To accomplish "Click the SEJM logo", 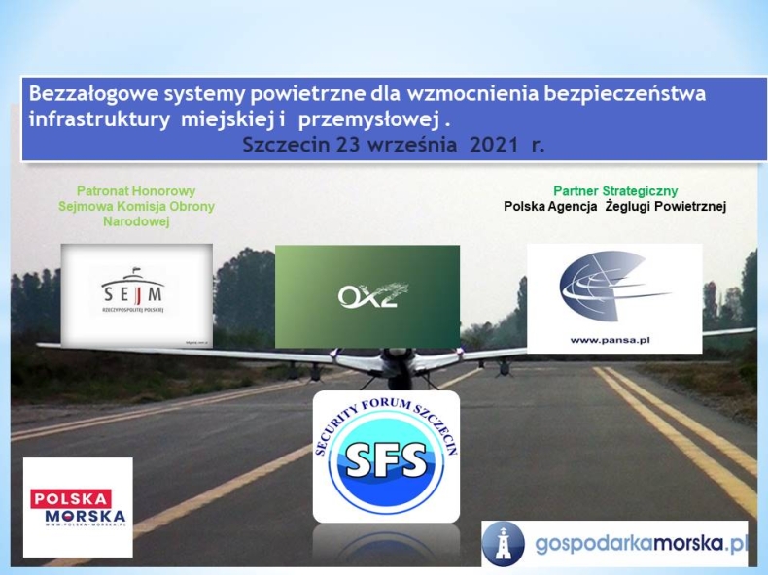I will tap(137, 294).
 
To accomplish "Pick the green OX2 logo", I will tap(367, 295).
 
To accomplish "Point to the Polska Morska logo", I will tap(78, 506).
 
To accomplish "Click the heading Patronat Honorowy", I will tap(135, 191).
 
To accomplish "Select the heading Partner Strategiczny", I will tap(615, 191).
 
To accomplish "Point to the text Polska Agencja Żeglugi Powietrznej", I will tap(615, 206).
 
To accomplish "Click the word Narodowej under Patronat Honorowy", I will tap(136, 220).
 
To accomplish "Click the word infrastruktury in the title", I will tap(95, 119).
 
